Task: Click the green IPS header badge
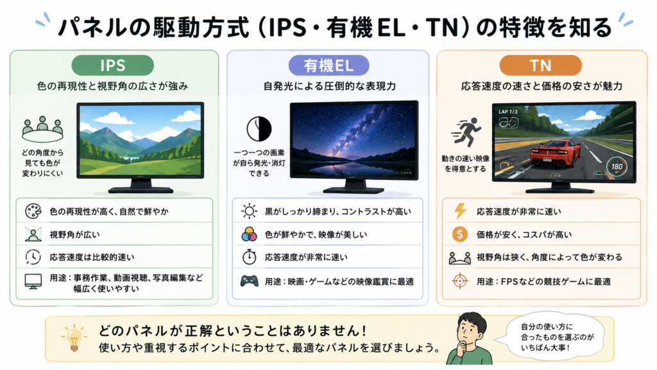pos(112,66)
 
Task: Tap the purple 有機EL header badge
pos(328,66)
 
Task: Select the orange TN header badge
pos(540,66)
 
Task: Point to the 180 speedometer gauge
pos(617,166)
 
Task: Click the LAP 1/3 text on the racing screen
pos(508,112)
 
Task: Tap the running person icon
pos(466,132)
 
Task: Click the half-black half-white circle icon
pos(259,128)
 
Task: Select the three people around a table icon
pos(42,129)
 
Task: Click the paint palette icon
pos(33,211)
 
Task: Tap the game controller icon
pos(250,281)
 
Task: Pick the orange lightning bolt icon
pos(460,211)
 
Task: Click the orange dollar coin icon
pos(459,234)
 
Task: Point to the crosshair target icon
pos(459,281)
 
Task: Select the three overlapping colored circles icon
pos(249,234)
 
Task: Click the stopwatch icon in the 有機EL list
pos(250,257)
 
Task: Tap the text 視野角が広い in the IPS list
pos(75,234)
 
